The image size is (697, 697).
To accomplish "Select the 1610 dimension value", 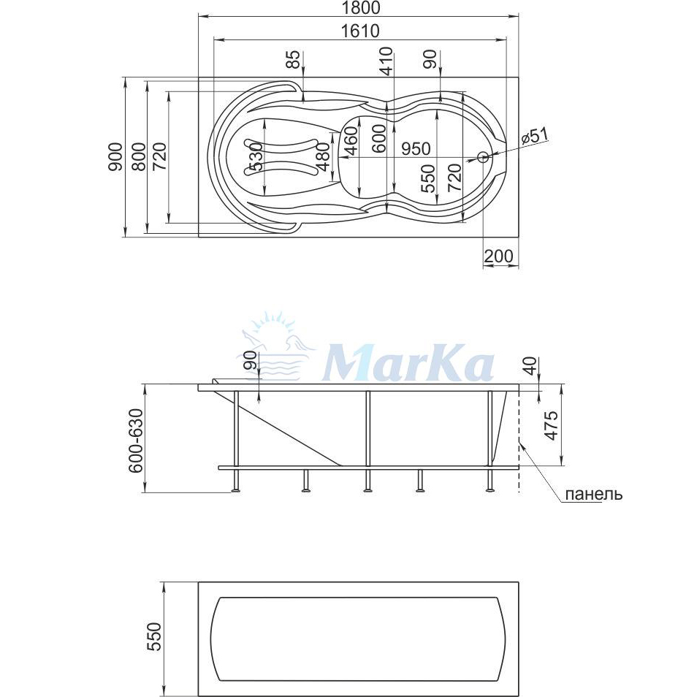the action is pyautogui.click(x=359, y=31).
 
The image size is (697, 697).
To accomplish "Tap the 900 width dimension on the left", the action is pyautogui.click(x=115, y=157).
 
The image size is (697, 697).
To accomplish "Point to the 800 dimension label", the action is pyautogui.click(x=139, y=157).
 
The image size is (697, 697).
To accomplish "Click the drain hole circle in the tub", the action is pyautogui.click(x=482, y=156).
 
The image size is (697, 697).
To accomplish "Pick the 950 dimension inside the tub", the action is pyautogui.click(x=416, y=148).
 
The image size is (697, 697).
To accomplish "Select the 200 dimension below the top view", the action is pyautogui.click(x=498, y=256).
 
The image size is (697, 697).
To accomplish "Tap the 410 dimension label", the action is pyautogui.click(x=386, y=61).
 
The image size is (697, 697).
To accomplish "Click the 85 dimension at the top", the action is pyautogui.click(x=292, y=60).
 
